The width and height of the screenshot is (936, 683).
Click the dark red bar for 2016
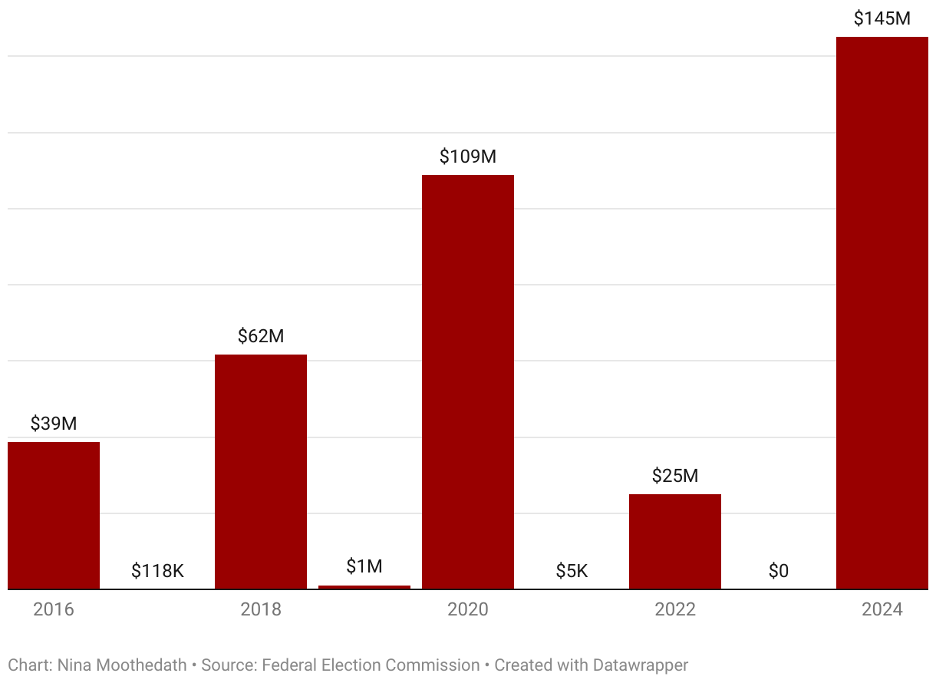click(x=54, y=516)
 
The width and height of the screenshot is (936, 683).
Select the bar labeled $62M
click(x=261, y=472)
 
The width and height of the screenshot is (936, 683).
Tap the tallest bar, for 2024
click(x=882, y=313)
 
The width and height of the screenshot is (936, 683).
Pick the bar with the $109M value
click(x=468, y=382)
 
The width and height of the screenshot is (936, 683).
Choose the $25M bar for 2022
click(x=675, y=542)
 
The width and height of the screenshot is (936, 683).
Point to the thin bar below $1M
click(x=364, y=587)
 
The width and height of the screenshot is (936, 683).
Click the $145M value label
click(x=882, y=19)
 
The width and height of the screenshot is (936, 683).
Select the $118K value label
click(x=157, y=571)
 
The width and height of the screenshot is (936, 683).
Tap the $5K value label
click(x=572, y=571)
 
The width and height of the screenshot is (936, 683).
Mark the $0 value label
click(x=779, y=571)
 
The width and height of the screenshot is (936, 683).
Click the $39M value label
click(x=54, y=424)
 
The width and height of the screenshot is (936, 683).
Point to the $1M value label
click(x=364, y=566)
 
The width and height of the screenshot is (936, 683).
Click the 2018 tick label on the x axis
click(x=261, y=609)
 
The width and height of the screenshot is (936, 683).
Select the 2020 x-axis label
click(x=468, y=609)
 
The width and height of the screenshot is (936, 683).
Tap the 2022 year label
click(x=675, y=609)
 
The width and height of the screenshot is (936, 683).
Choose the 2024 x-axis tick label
click(x=882, y=609)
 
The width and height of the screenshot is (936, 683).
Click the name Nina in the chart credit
click(x=74, y=665)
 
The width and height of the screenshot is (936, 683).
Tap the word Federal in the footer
click(x=287, y=665)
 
